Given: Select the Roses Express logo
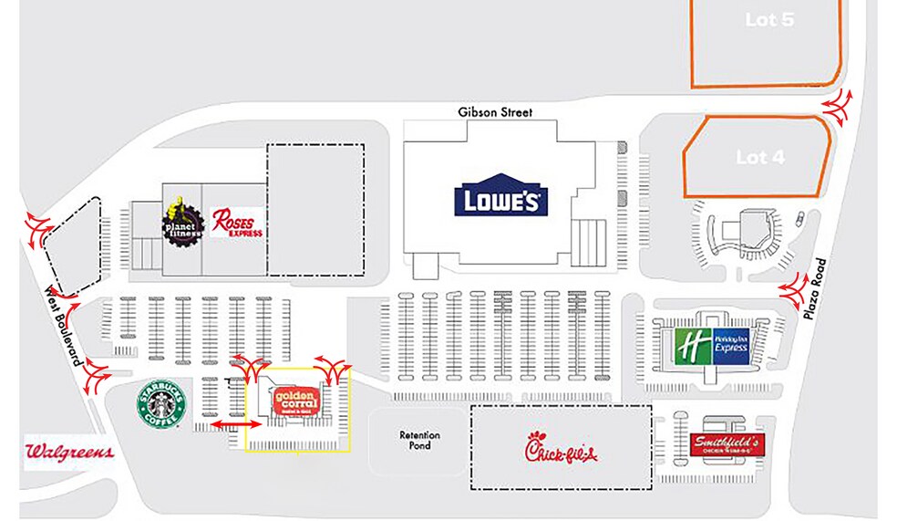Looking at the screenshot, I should [237, 222].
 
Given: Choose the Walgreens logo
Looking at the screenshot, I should [69, 452].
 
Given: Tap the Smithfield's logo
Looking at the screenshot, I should [727, 445].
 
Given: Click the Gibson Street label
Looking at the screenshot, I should [495, 112].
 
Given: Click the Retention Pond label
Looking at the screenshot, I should [419, 441].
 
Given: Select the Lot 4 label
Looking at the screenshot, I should [759, 158].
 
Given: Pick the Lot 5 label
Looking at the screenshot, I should [768, 20].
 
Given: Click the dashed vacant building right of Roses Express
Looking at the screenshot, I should [314, 209].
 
